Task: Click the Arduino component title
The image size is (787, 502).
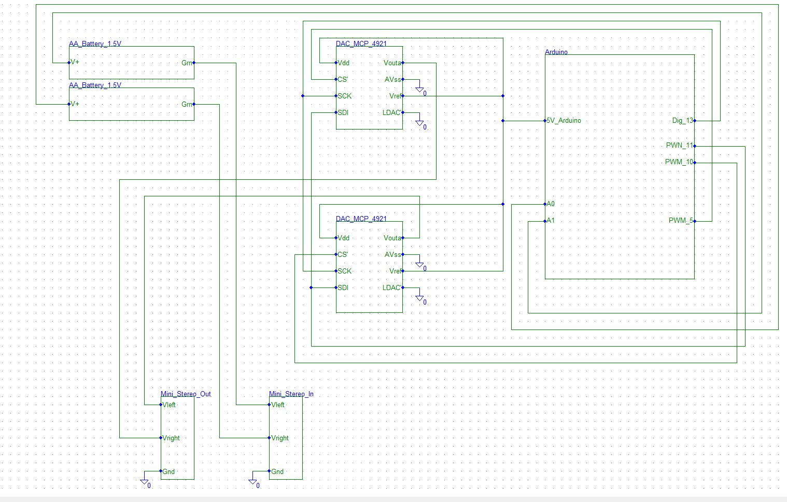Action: pyautogui.click(x=556, y=52)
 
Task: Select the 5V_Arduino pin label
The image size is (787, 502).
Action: pyautogui.click(x=564, y=120)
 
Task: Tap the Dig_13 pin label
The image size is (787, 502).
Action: pyautogui.click(x=682, y=120)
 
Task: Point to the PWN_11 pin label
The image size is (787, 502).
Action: pyautogui.click(x=679, y=145)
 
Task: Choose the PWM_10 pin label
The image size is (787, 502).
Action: pyautogui.click(x=679, y=162)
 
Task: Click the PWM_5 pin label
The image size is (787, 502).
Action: pyautogui.click(x=680, y=220)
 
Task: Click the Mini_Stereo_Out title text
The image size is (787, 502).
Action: pyautogui.click(x=186, y=394)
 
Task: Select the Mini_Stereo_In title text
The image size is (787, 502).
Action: pyautogui.click(x=291, y=394)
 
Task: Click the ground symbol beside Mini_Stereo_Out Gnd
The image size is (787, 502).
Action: pyautogui.click(x=145, y=482)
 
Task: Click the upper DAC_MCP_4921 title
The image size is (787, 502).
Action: pyautogui.click(x=361, y=44)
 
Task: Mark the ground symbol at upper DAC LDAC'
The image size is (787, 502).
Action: pyautogui.click(x=420, y=123)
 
